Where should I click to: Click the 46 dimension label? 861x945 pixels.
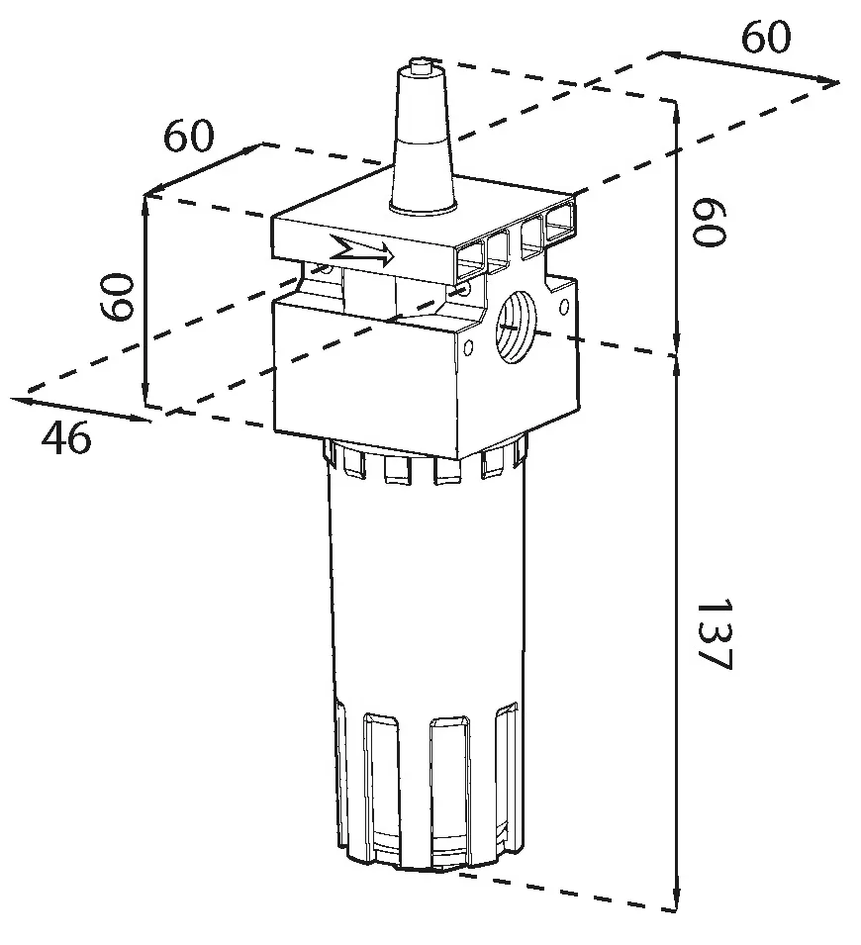click(x=66, y=437)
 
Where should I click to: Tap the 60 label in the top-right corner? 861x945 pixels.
click(x=765, y=37)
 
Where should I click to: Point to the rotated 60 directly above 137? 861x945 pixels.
click(x=709, y=222)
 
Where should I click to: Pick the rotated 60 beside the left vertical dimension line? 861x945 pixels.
click(x=116, y=297)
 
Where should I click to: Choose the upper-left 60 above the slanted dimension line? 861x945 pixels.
click(x=188, y=136)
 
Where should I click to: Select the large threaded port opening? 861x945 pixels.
click(x=515, y=327)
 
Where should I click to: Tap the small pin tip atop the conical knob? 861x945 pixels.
click(x=420, y=63)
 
